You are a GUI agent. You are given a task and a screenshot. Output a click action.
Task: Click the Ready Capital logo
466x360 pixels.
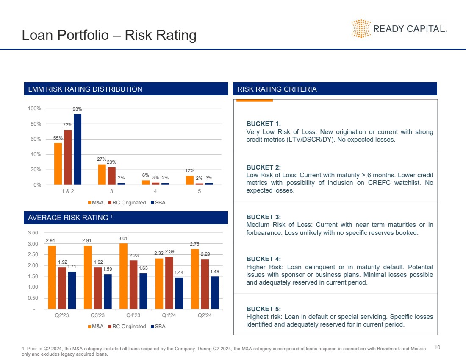[398, 28]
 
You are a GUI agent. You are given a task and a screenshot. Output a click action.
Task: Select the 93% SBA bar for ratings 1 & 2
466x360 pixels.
[78, 149]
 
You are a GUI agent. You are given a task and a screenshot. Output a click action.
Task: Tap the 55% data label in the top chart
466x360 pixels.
[58, 138]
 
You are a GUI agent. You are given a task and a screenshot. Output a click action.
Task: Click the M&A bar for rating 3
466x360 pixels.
[102, 174]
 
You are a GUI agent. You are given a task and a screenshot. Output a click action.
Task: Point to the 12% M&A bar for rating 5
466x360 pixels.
[189, 180]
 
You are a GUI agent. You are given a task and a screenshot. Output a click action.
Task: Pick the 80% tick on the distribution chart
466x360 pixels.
[34, 124]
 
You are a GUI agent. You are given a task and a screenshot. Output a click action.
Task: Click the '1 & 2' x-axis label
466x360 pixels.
[68, 192]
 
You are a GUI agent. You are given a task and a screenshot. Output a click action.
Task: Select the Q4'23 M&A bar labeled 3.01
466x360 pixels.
[123, 276]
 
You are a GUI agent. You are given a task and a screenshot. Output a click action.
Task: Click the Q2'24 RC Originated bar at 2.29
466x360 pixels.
[205, 284]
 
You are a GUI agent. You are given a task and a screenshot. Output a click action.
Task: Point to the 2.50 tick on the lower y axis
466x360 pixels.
[32, 254]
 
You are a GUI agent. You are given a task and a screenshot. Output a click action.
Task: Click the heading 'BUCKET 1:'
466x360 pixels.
[264, 124]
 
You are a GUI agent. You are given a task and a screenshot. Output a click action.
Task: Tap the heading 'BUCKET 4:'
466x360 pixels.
[264, 259]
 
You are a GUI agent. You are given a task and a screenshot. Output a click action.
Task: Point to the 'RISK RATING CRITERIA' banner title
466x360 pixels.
[277, 89]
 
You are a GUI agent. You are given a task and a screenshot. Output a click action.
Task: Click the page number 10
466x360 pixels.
[438, 347]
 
